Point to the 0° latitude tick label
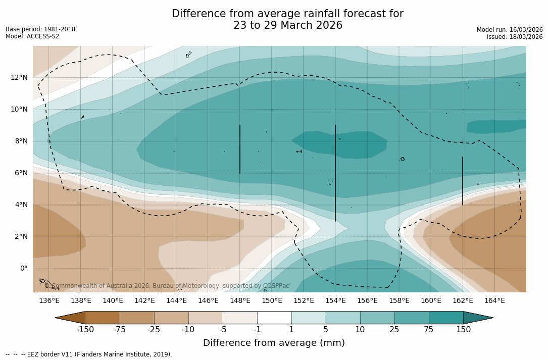coord(23,268)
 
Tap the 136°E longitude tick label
coord(49,300)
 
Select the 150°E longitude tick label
coord(272,300)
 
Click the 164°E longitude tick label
coord(494,300)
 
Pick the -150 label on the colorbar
coord(85,330)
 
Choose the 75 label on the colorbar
coord(429,330)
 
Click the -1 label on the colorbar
coord(257,330)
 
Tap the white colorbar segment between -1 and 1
coord(274,318)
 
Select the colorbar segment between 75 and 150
coord(446,318)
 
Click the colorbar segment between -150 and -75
coord(103,318)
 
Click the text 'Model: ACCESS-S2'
coord(32,36)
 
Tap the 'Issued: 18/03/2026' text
coord(514,37)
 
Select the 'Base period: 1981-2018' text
coord(40,29)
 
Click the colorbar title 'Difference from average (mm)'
coord(274,343)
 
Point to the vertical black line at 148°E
coord(240,149)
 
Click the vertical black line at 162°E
coord(463,181)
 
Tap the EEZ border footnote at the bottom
coord(89,354)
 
